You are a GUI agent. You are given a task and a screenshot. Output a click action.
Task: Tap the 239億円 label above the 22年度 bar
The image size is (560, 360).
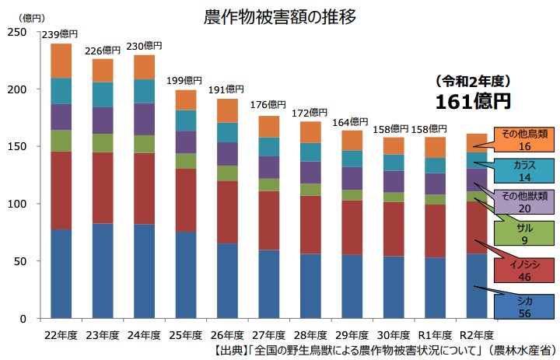point(61,34)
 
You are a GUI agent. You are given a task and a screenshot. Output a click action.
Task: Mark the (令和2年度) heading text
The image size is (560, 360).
point(471,81)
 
